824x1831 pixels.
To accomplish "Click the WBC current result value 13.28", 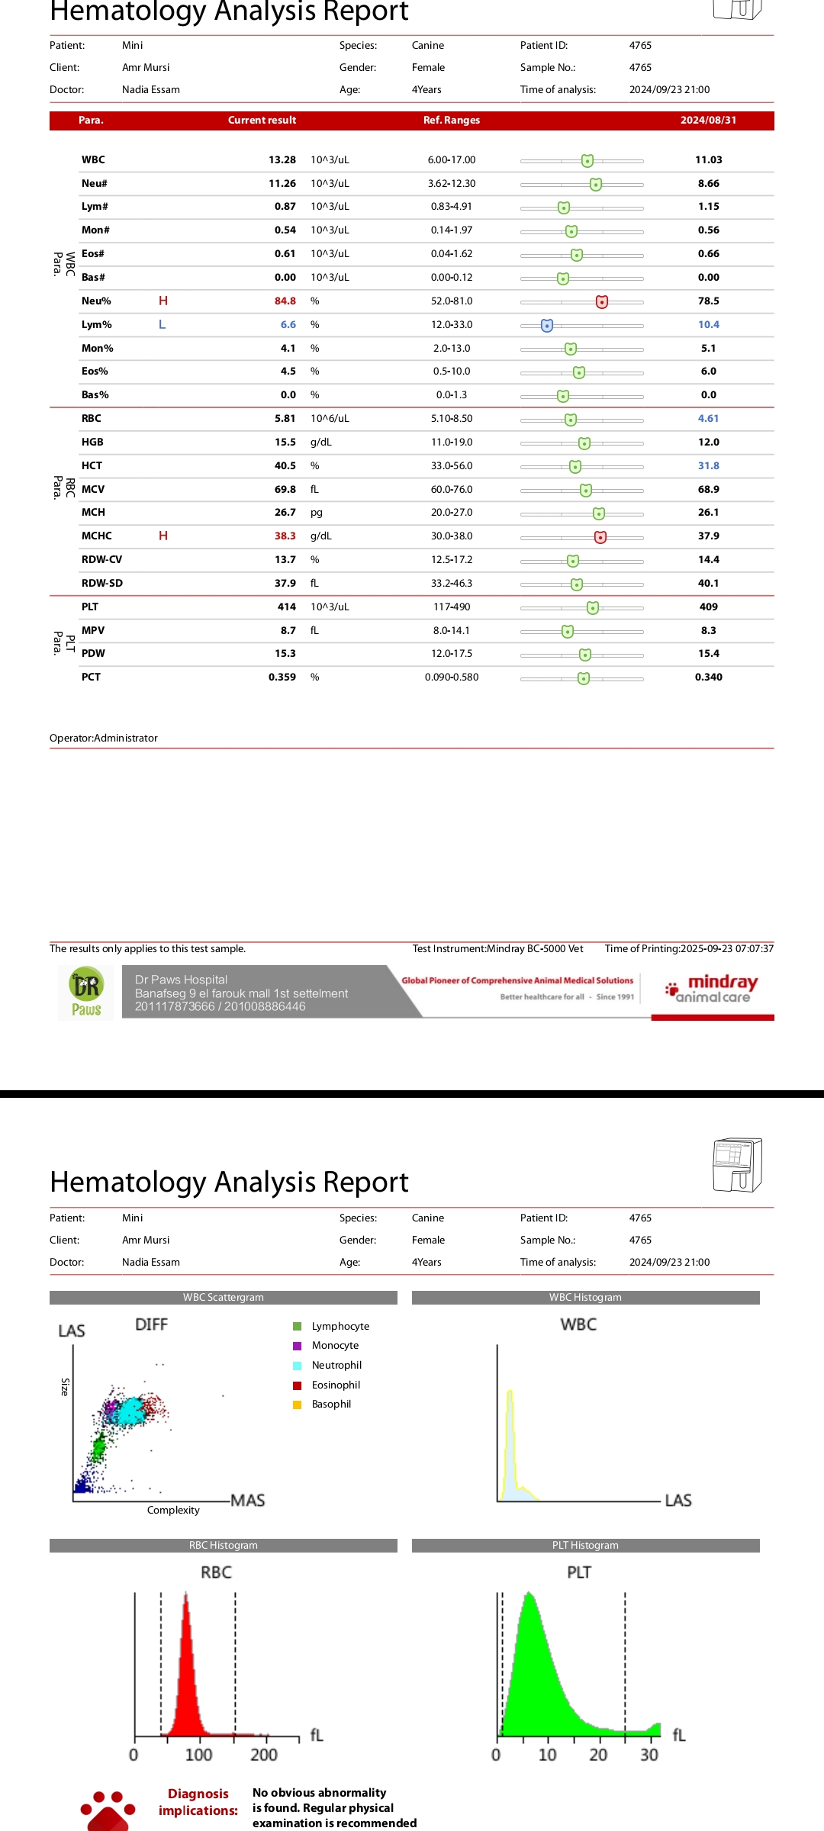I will coord(282,160).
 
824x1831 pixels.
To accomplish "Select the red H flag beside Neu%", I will coord(163,301).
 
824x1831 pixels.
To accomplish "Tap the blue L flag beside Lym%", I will coord(162,325).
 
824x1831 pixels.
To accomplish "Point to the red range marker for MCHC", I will coord(600,537).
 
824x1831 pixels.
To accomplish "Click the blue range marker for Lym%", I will coord(547,326).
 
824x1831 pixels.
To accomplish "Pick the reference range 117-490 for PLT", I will coord(452,607).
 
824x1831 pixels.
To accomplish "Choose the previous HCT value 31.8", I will coord(708,466).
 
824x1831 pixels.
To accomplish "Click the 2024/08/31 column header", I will coord(708,121).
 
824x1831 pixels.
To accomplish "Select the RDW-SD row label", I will coord(102,584).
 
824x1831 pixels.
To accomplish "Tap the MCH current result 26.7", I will coord(285,513).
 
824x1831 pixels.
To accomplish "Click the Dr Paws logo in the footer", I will coord(86,993).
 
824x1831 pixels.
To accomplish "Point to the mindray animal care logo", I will coord(713,989).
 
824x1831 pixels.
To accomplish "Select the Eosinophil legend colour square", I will coord(298,1385).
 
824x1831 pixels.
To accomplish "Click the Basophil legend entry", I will coord(331,1405).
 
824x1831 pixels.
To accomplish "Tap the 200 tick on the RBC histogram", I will coord(264,1755).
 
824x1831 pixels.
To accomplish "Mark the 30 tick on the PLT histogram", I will coord(649,1755).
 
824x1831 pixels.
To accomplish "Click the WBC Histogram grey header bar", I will coord(585,1298).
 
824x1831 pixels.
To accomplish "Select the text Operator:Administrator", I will coord(104,739).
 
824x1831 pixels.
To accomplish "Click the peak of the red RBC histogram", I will coord(185,1596).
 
